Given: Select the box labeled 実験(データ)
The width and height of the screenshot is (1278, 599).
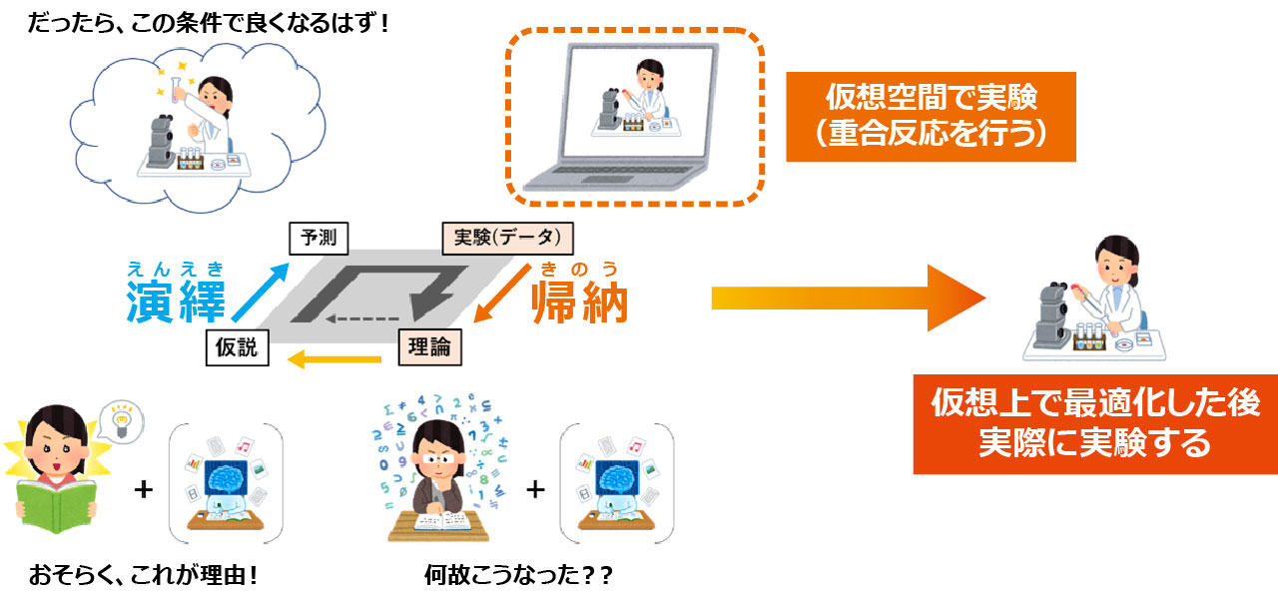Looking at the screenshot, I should [507, 239].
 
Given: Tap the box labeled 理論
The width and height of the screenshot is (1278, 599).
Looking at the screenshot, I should [430, 347].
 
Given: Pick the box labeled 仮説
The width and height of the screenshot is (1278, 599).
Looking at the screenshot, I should [237, 347].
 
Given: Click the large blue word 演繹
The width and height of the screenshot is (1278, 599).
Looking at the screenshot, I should [175, 300].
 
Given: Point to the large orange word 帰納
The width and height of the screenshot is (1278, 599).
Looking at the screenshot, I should [579, 300].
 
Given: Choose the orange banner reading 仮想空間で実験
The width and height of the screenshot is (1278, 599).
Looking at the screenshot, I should [931, 116].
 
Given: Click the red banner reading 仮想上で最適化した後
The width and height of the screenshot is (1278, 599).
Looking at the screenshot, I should [1095, 422].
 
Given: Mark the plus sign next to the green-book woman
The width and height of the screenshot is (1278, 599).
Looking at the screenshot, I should [144, 489].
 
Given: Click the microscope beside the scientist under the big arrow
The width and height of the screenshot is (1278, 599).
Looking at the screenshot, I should [1050, 309].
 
